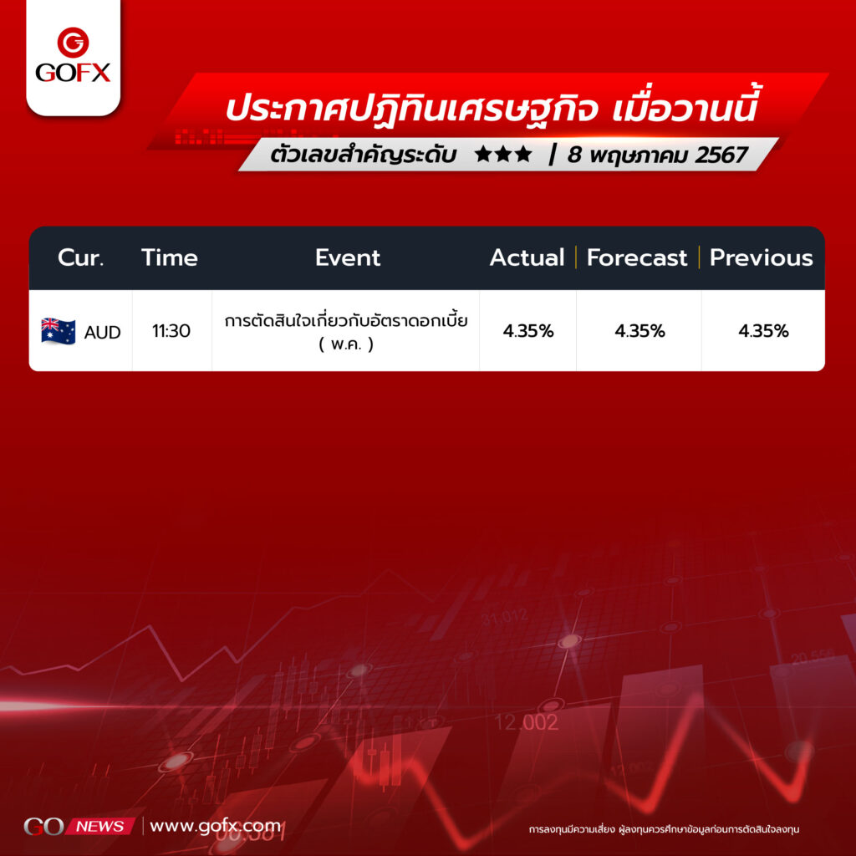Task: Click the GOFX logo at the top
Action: click(73, 55)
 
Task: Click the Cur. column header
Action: click(80, 257)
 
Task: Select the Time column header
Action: click(169, 257)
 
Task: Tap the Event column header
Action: click(347, 257)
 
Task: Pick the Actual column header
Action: click(527, 257)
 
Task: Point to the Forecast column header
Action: click(636, 257)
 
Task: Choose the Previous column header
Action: click(761, 257)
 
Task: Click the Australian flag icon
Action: click(59, 331)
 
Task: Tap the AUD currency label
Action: click(102, 332)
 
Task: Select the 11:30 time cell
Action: click(171, 331)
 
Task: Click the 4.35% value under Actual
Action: click(528, 331)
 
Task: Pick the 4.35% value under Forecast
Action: click(639, 331)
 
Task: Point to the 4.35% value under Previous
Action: click(763, 331)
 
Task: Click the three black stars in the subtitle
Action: click(503, 154)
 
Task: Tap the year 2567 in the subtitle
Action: click(721, 155)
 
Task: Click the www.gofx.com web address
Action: click(215, 826)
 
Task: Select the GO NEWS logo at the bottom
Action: click(79, 826)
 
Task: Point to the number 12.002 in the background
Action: click(527, 722)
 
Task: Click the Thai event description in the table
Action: click(346, 331)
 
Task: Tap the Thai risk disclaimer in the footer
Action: click(664, 829)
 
